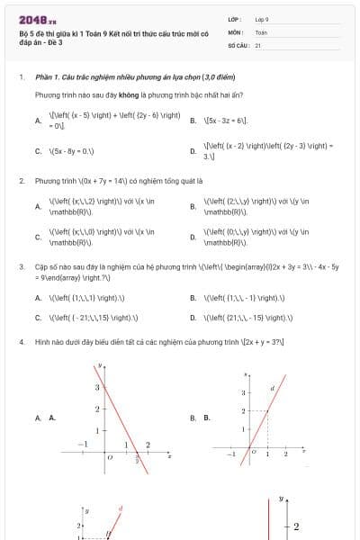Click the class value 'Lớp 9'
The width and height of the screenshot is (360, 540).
tap(262, 19)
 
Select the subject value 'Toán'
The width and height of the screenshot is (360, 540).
tap(261, 31)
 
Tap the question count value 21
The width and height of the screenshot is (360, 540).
tap(258, 44)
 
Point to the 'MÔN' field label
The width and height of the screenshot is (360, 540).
tap(236, 31)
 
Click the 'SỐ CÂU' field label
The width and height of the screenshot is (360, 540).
tap(238, 44)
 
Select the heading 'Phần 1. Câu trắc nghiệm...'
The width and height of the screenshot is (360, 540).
tap(117, 78)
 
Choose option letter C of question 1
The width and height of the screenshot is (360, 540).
tap(38, 152)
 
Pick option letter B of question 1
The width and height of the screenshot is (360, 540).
tap(193, 120)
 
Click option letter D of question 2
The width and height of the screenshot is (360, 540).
tap(193, 238)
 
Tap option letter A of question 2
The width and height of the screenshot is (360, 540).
tap(38, 206)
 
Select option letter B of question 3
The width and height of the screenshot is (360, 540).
tap(193, 298)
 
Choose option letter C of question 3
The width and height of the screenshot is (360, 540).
tap(38, 318)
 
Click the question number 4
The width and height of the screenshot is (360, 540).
tap(21, 343)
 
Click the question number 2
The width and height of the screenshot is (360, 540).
tap(21, 181)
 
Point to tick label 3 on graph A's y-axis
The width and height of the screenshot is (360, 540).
tap(96, 387)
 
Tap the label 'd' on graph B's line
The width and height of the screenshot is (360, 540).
tap(272, 388)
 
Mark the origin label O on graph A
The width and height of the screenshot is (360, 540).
tap(109, 457)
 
